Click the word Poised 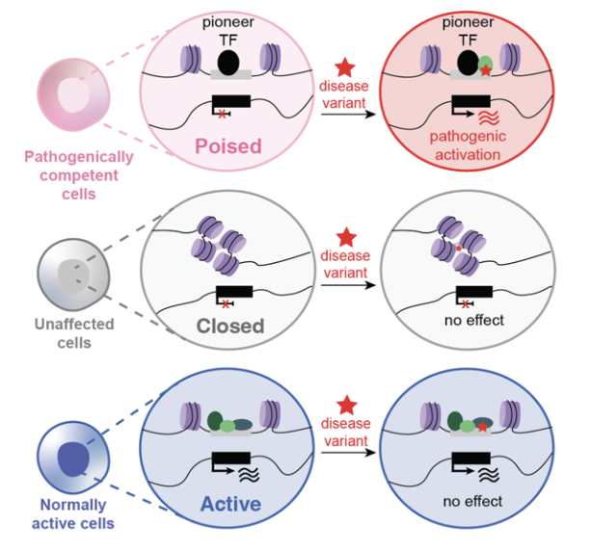[x=228, y=146]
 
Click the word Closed [x=230, y=326]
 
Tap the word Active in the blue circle [x=230, y=504]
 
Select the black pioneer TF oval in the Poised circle [x=228, y=63]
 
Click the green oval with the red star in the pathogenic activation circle [x=485, y=66]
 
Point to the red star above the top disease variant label [x=345, y=67]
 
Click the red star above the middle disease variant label [x=346, y=237]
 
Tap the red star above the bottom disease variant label [x=346, y=406]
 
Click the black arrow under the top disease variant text [x=348, y=114]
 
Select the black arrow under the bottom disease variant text [x=348, y=452]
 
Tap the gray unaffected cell [x=73, y=275]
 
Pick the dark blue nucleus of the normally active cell [x=73, y=459]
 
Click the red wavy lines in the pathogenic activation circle [x=489, y=118]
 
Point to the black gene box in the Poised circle [x=231, y=101]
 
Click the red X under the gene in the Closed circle [x=226, y=304]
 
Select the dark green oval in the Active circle [x=215, y=421]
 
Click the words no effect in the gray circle [x=474, y=320]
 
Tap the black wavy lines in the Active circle [x=249, y=475]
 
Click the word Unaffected [x=74, y=324]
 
